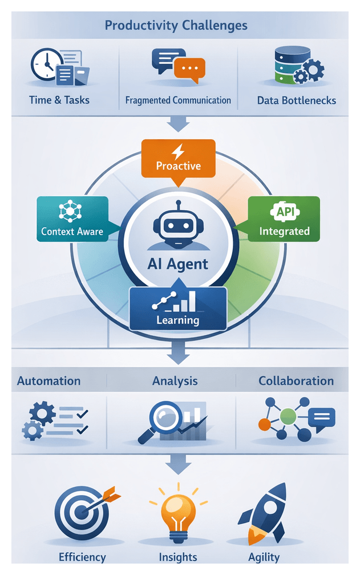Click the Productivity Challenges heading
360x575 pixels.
176,26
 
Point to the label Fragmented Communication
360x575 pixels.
178,100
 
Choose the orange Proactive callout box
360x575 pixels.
179,158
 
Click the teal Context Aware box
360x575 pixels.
72,219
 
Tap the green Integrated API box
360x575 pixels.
284,219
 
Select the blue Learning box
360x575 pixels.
178,309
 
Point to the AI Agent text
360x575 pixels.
178,264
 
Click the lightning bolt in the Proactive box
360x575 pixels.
179,151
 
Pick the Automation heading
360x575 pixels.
49,381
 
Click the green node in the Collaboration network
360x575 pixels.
288,415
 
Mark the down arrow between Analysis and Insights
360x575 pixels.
178,465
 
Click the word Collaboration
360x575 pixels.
296,381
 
